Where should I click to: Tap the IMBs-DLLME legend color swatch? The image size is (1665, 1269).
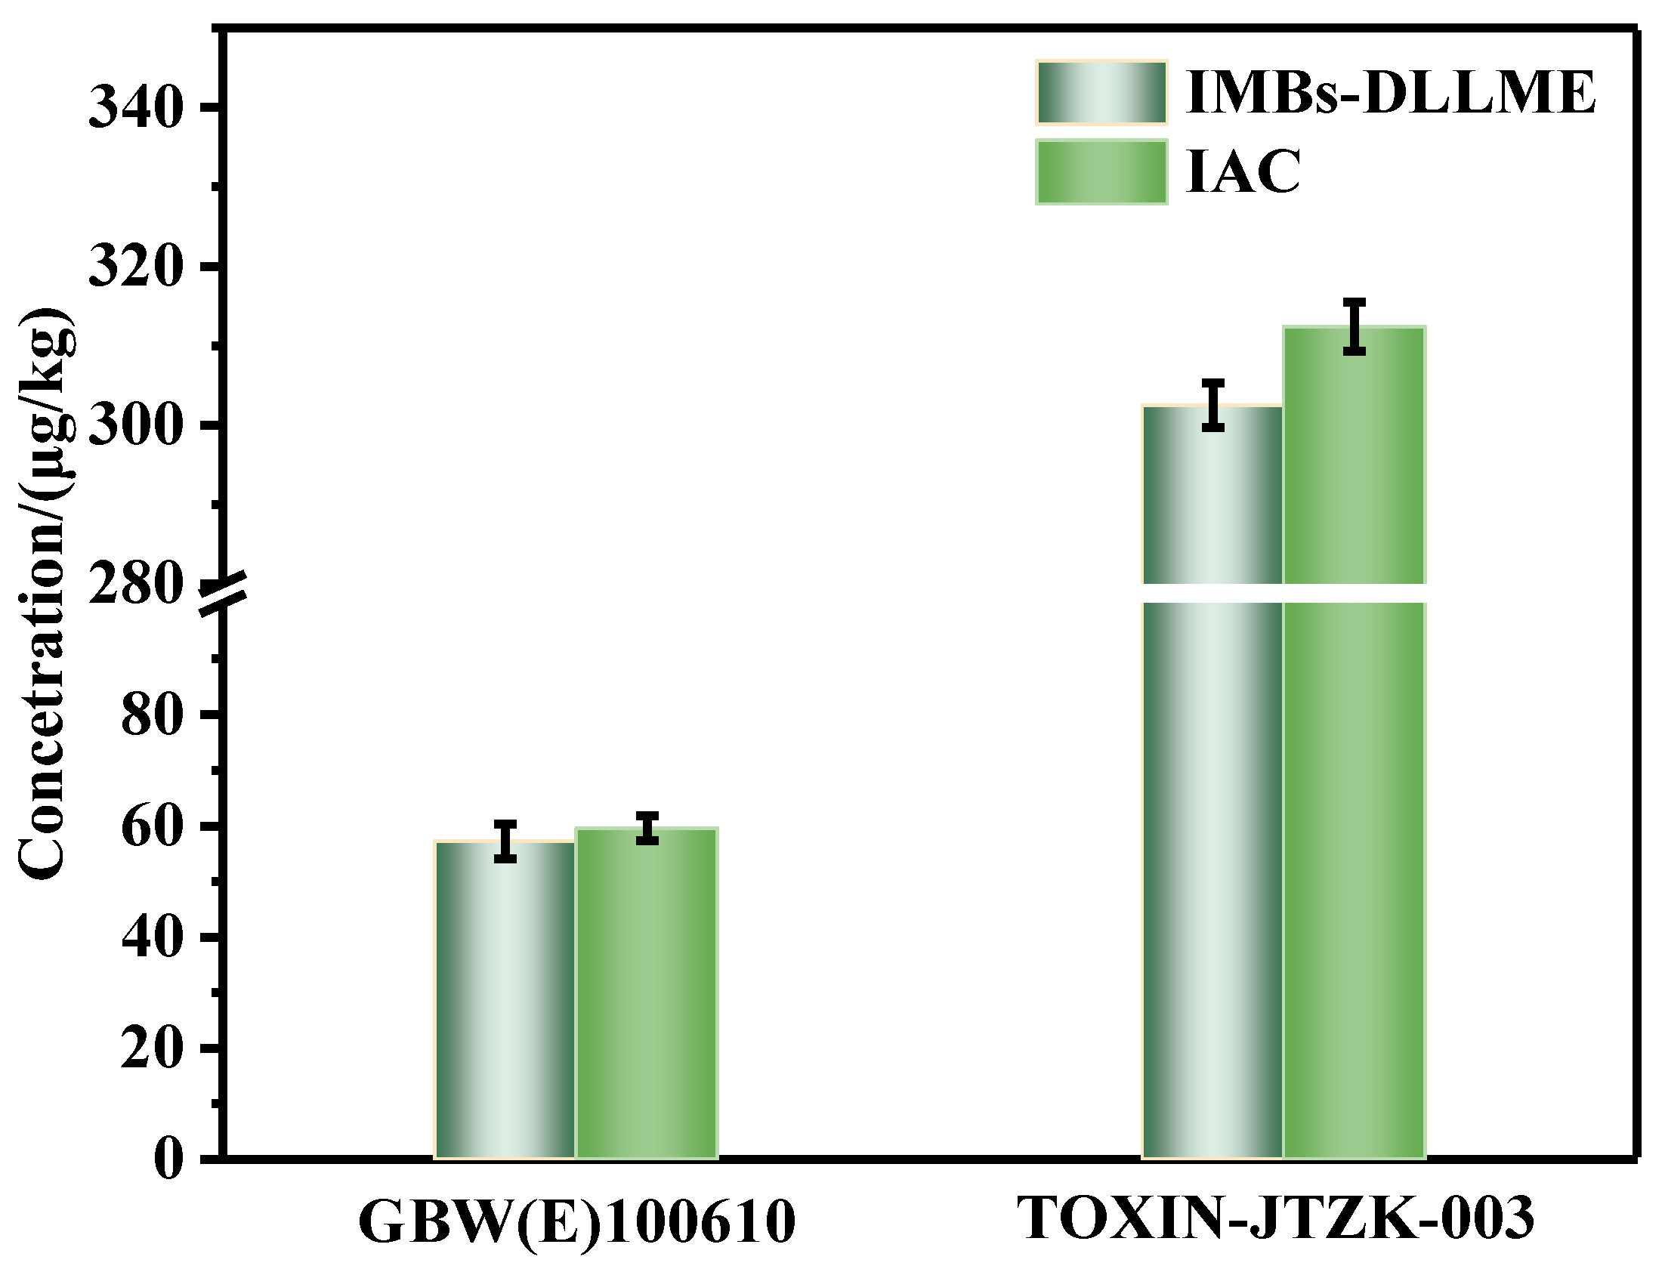(1101, 93)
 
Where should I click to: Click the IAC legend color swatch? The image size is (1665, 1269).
(1101, 172)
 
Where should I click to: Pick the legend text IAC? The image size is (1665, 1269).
(1243, 172)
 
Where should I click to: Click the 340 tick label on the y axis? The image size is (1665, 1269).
(136, 107)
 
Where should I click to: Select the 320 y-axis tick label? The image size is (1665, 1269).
(136, 266)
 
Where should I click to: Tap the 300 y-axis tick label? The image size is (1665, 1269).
(136, 425)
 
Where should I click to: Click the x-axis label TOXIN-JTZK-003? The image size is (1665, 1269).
(1277, 1218)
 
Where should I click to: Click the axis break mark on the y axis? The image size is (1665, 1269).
(224, 594)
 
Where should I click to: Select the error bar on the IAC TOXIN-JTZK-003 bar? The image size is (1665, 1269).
(1355, 326)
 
